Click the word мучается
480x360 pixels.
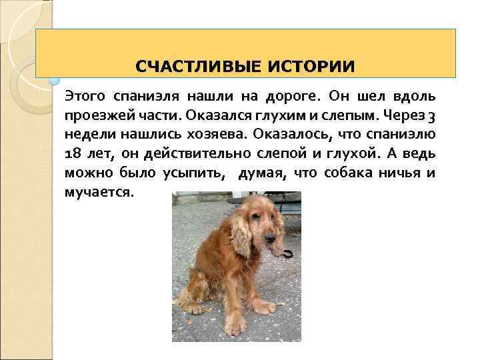(x=99, y=193)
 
